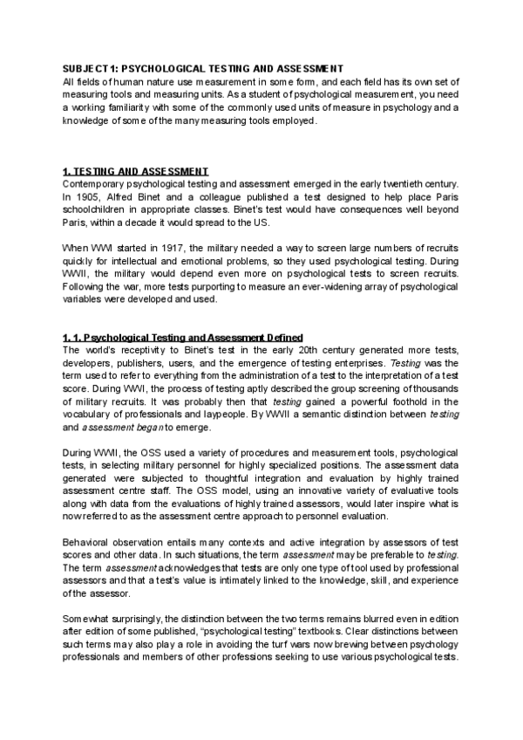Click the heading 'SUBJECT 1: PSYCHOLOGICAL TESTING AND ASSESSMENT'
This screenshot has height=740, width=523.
(203, 68)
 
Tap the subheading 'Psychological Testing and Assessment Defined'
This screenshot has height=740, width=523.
(201, 338)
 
